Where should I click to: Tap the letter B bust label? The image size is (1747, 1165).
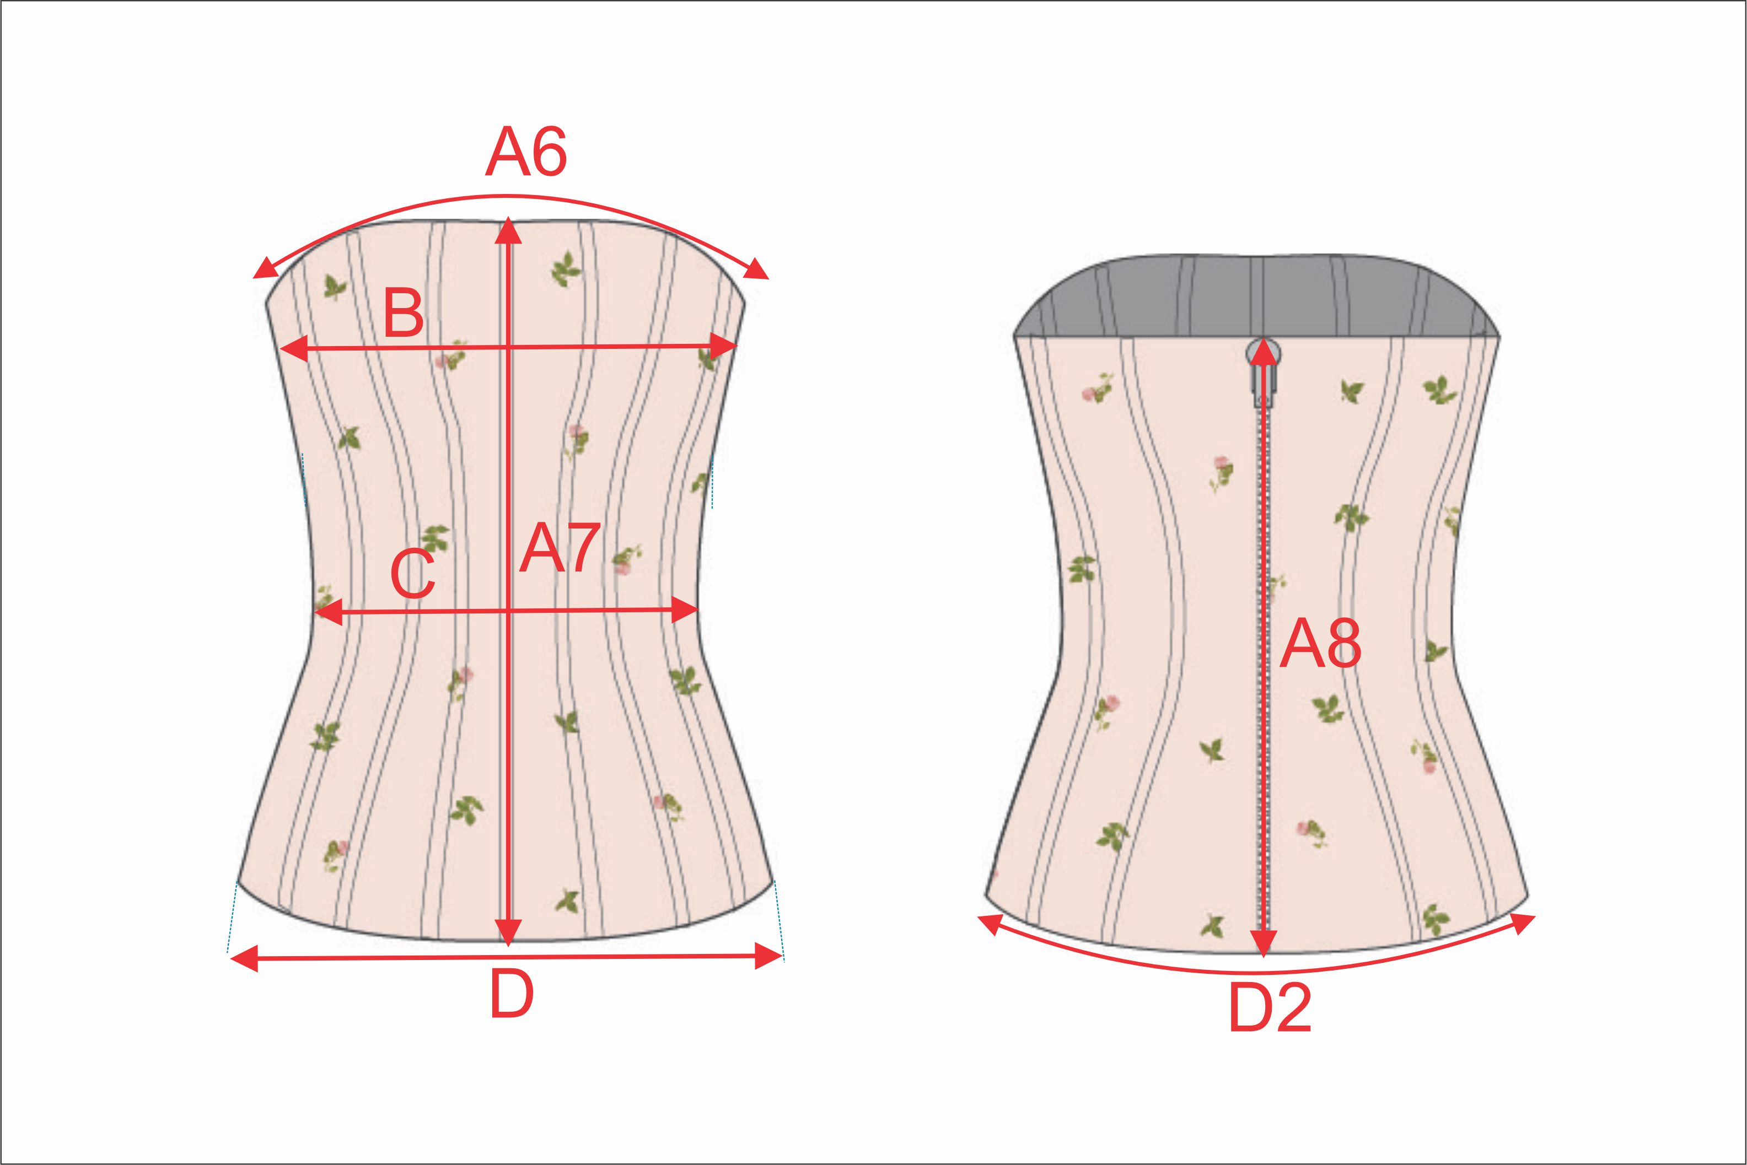click(x=404, y=313)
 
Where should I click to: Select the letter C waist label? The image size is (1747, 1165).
click(x=413, y=574)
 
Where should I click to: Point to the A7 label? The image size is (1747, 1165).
click(x=560, y=548)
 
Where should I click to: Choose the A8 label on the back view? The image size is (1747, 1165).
click(x=1320, y=644)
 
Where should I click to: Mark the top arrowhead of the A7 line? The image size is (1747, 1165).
click(x=508, y=230)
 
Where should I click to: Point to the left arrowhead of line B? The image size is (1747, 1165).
click(x=294, y=348)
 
